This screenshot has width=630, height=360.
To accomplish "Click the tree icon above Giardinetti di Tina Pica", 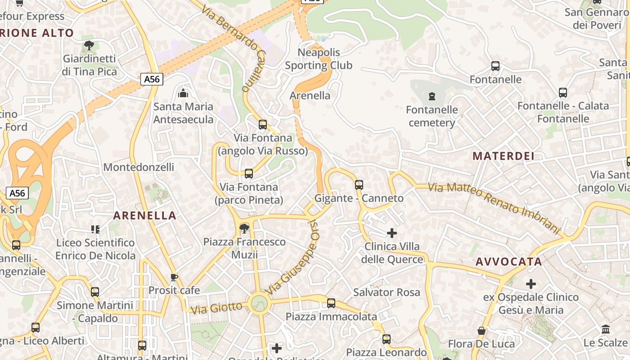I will pyautogui.click(x=89, y=45).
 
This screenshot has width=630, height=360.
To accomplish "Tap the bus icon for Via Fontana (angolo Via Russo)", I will pyautogui.click(x=263, y=125).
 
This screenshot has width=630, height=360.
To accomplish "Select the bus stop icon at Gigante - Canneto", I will pyautogui.click(x=359, y=184).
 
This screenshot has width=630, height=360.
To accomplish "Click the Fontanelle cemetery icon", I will pyautogui.click(x=432, y=96).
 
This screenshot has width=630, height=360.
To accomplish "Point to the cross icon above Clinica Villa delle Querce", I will pyautogui.click(x=392, y=233).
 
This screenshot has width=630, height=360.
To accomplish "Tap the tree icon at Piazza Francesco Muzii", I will pyautogui.click(x=244, y=228).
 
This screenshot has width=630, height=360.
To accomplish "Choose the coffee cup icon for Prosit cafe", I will pyautogui.click(x=174, y=277).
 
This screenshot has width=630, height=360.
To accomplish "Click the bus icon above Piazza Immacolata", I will pyautogui.click(x=331, y=303).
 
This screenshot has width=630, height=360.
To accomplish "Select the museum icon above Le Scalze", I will pyautogui.click(x=605, y=329).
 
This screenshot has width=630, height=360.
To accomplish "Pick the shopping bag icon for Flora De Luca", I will pyautogui.click(x=481, y=331).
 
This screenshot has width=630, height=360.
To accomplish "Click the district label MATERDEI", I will pyautogui.click(x=504, y=157).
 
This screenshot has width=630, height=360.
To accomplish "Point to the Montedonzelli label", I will pyautogui.click(x=139, y=167).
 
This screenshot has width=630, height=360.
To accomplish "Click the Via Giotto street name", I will pyautogui.click(x=216, y=309).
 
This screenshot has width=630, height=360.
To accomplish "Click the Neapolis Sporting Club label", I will pyautogui.click(x=319, y=59).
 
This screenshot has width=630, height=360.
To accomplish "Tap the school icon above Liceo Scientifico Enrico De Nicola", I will pyautogui.click(x=95, y=229).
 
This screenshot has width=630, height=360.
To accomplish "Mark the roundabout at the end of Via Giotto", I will pyautogui.click(x=259, y=303).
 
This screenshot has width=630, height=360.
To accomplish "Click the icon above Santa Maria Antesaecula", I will pyautogui.click(x=183, y=93).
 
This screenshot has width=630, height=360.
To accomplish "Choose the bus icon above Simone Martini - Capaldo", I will pyautogui.click(x=95, y=292).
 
